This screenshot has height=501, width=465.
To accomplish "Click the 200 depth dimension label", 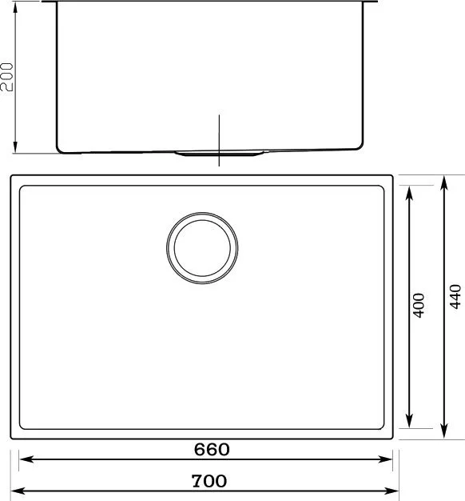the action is [6, 77].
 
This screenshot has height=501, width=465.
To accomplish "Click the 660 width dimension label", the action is [212, 449].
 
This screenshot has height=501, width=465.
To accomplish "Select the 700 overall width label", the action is [209, 480].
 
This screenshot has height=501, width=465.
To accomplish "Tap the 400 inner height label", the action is [419, 306].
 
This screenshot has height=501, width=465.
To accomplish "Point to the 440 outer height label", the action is [455, 296].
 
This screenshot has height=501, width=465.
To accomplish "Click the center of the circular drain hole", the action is [202, 248].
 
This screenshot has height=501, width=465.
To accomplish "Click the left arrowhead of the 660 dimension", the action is [26, 459].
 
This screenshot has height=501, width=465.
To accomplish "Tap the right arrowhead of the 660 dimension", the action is [384, 459].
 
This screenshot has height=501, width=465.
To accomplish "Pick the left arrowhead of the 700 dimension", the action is [18, 491].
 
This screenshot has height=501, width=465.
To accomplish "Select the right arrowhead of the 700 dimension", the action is [391, 491].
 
